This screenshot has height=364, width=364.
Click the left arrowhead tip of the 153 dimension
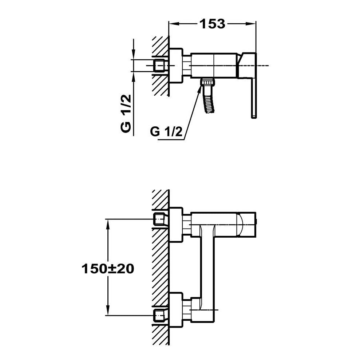tap(169, 23)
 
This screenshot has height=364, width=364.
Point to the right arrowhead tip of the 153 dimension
tap(256, 23)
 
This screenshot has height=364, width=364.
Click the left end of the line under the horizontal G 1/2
tap(158, 140)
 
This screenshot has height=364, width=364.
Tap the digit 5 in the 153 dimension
tap(213, 24)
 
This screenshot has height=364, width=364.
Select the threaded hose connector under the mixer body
tap(208, 82)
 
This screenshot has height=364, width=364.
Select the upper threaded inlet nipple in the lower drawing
tap(159, 219)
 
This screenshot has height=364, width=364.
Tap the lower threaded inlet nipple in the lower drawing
tap(159, 315)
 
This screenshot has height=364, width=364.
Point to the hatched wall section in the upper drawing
tap(161, 66)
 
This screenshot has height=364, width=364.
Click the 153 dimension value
tap(213, 24)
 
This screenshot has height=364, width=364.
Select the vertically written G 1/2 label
tap(126, 114)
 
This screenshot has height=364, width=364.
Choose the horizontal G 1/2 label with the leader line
tap(166, 132)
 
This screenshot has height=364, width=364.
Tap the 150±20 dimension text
tap(108, 269)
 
